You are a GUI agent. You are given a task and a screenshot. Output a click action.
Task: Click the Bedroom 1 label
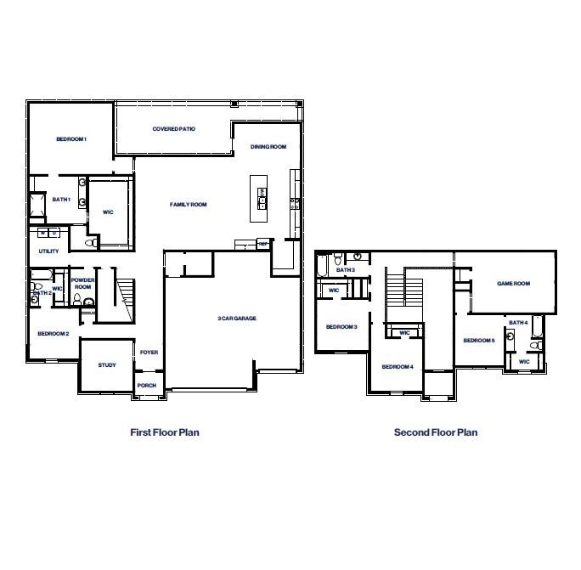click(71, 138)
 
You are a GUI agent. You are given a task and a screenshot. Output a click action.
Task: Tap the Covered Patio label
click(174, 129)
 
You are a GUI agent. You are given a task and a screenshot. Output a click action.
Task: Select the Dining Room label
click(268, 147)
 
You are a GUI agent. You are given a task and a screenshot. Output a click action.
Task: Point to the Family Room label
click(188, 204)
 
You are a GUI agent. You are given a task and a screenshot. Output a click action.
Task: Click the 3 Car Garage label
click(237, 319)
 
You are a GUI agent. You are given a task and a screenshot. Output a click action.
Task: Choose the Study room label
click(106, 365)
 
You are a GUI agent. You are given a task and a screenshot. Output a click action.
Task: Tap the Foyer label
click(149, 352)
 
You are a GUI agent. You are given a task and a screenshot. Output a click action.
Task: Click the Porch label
click(146, 385)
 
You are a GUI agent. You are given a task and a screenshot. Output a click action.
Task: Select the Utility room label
click(48, 251)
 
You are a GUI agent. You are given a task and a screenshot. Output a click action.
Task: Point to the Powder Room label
click(82, 284)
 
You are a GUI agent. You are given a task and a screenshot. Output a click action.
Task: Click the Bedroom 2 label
click(53, 333)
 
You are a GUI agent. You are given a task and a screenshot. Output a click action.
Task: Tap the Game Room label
click(513, 284)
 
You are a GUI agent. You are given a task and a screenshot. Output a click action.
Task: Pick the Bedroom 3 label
click(341, 327)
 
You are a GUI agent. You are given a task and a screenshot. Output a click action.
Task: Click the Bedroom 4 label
click(397, 366)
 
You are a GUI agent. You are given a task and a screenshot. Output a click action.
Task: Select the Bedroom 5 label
click(478, 341)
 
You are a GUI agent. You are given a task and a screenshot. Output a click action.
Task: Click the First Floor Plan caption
click(164, 432)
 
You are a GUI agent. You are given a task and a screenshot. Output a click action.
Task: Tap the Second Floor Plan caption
click(435, 432)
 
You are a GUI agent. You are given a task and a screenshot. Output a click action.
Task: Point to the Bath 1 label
click(61, 200)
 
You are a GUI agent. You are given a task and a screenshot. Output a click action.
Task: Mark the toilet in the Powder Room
click(88, 301)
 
